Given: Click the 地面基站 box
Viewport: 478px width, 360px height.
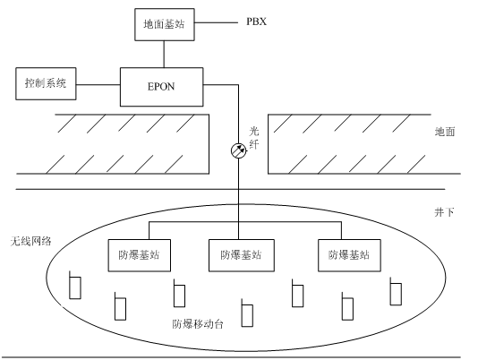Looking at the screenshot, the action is click(x=165, y=24).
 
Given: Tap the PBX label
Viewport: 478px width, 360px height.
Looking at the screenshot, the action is click(x=256, y=21).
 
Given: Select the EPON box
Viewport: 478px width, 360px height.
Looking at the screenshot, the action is click(x=161, y=87).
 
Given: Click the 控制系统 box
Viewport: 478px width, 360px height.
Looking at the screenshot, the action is click(x=46, y=83).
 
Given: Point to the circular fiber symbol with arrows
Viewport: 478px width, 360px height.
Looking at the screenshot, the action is click(x=239, y=150).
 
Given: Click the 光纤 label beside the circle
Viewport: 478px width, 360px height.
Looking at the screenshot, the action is click(x=254, y=138).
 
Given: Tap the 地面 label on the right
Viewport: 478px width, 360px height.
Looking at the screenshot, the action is click(x=445, y=132).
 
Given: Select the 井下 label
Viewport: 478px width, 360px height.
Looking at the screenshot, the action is click(x=444, y=212).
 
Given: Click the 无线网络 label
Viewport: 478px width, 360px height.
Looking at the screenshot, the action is click(x=30, y=241).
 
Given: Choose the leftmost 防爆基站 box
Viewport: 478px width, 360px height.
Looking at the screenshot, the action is click(x=140, y=255).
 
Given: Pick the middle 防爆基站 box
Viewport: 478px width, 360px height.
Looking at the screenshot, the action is click(x=242, y=255).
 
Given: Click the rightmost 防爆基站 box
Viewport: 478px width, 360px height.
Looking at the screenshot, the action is click(x=349, y=255).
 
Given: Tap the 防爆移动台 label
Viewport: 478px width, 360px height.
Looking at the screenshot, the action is click(x=198, y=323).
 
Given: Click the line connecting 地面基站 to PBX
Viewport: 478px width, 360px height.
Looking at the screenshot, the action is click(x=216, y=22).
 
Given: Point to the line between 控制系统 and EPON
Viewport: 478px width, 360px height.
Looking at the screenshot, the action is click(x=98, y=84).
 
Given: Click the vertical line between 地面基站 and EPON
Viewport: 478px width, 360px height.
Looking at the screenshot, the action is click(x=164, y=54).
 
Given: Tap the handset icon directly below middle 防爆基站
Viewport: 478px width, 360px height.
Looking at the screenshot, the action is click(x=247, y=313).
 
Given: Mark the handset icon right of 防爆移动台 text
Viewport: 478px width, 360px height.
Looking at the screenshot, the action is click(x=247, y=313).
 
